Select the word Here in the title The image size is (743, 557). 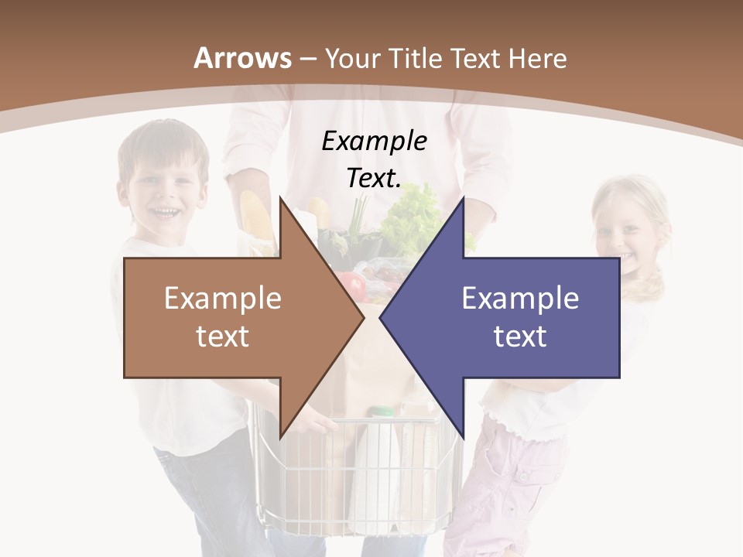(x=537, y=58)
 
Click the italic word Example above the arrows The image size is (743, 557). (x=375, y=142)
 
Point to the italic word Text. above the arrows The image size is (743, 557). (x=374, y=179)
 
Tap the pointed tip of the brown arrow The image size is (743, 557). (x=361, y=317)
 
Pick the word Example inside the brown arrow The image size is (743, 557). (x=223, y=298)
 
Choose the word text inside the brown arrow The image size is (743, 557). (x=223, y=336)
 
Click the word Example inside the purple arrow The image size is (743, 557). (x=520, y=298)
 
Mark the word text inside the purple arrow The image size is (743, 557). (x=520, y=336)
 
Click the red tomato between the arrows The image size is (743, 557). (x=354, y=284)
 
